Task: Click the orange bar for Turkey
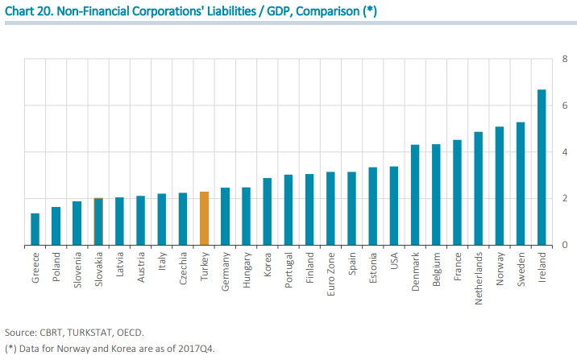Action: tap(204, 218)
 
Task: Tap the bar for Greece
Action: tap(35, 230)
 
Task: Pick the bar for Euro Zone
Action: tap(330, 209)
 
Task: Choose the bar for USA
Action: tap(393, 206)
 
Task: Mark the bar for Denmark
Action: tap(415, 195)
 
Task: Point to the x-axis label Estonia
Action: tap(372, 267)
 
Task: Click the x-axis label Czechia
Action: tap(183, 267)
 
